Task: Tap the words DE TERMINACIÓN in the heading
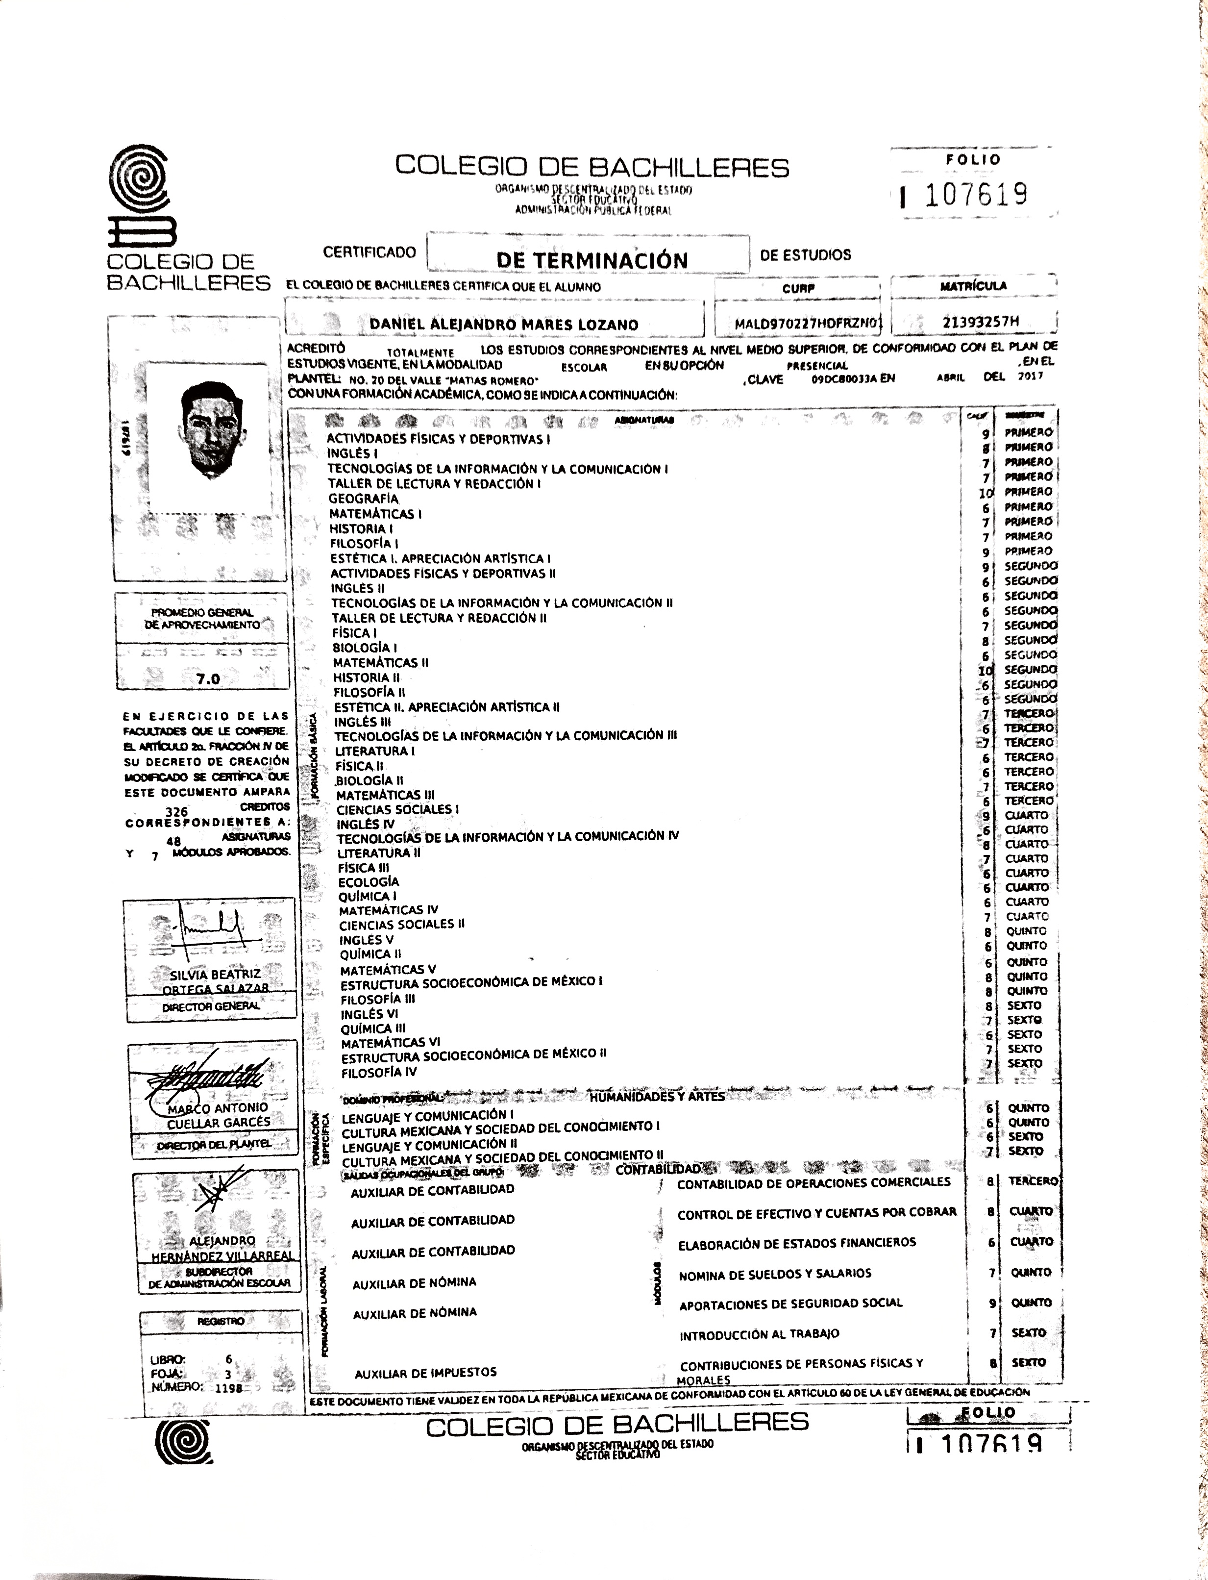[592, 260]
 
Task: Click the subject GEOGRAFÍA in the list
[363, 499]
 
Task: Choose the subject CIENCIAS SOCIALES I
[397, 809]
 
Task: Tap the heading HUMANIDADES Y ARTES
[657, 1096]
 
